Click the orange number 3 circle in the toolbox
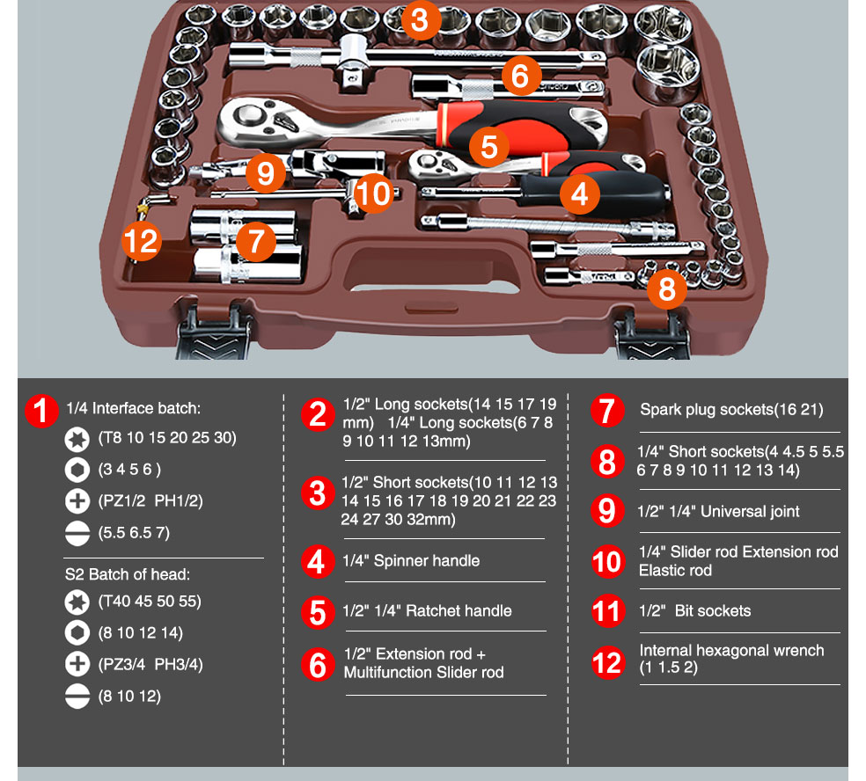pos(420,20)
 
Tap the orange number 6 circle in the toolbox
pos(520,77)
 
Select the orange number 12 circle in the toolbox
pos(142,239)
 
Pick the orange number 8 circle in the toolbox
pos(667,288)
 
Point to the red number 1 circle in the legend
pos(41,411)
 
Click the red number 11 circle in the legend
pos(607,611)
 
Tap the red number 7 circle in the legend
pos(607,411)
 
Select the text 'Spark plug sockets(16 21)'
pos(731,410)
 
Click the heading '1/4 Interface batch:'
pos(134,408)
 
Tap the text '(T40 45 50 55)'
pos(150,602)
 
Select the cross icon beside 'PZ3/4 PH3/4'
pos(77,665)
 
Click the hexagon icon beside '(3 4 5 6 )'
pos(77,470)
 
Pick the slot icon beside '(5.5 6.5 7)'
pos(77,533)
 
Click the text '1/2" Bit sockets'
pos(694,611)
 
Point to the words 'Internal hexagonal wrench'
pos(731,651)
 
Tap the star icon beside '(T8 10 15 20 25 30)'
pos(77,438)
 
